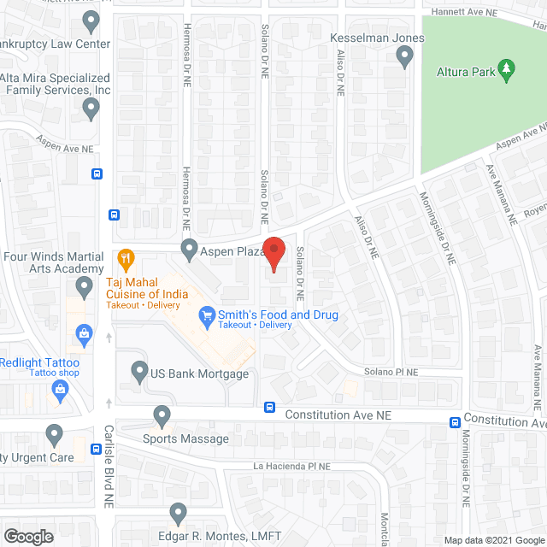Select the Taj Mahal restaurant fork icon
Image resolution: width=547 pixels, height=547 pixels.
(x=126, y=257)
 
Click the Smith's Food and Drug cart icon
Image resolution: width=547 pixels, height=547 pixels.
(x=206, y=315)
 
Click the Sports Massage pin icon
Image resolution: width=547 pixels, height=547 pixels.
(x=162, y=417)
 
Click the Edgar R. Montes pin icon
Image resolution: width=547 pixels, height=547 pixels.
(x=178, y=513)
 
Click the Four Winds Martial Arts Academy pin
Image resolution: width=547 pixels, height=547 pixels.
(x=84, y=286)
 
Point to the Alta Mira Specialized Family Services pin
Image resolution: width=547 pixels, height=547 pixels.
(x=91, y=108)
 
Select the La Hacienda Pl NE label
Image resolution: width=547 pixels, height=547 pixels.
(x=291, y=467)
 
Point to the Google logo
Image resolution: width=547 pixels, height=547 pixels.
(x=28, y=536)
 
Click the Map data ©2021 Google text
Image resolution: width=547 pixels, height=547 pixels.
(x=497, y=540)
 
